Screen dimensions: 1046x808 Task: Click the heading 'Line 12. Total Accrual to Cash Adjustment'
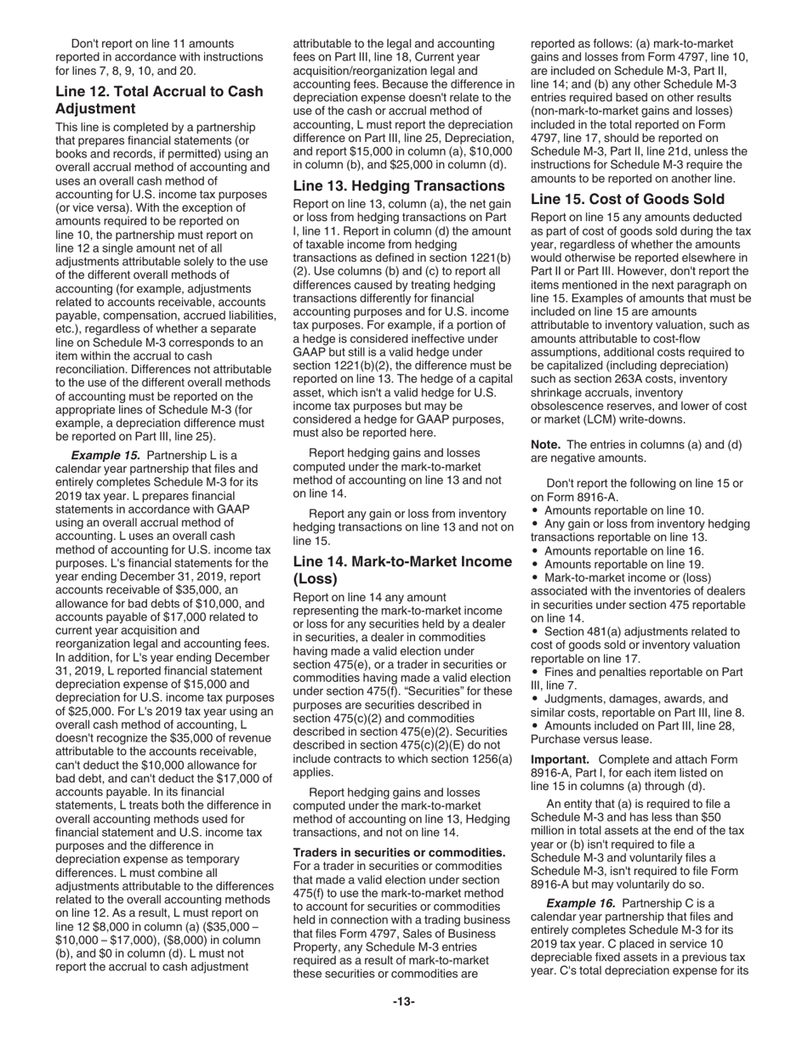tap(159, 99)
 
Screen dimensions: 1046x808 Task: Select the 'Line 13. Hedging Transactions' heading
tap(398, 185)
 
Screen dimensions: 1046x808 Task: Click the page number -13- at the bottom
tap(403, 1002)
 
